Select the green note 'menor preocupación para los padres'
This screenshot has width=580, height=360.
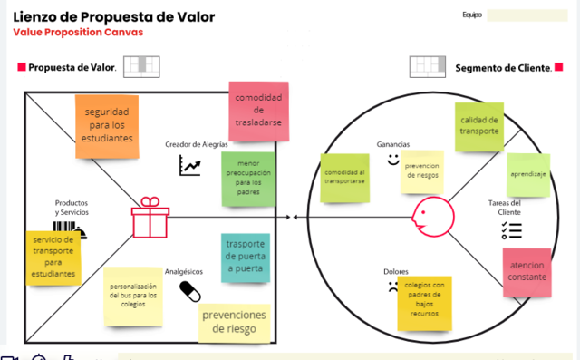pos(249,177)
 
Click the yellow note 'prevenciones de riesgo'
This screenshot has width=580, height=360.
pos(235,322)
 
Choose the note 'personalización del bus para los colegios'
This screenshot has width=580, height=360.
pos(133,296)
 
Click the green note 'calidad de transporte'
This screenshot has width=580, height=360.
pos(479,126)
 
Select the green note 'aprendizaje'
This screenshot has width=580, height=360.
pos(527,174)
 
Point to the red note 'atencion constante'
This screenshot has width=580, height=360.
pos(527,271)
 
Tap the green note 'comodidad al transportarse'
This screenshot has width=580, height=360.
pos(345,177)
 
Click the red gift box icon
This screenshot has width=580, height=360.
pos(150,218)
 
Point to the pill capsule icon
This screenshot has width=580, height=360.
pos(190,290)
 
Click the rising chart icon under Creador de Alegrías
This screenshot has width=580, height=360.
pos(190,165)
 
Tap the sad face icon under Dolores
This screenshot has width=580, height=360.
pos(391,289)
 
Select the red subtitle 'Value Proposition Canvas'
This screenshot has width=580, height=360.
pos(78,33)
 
